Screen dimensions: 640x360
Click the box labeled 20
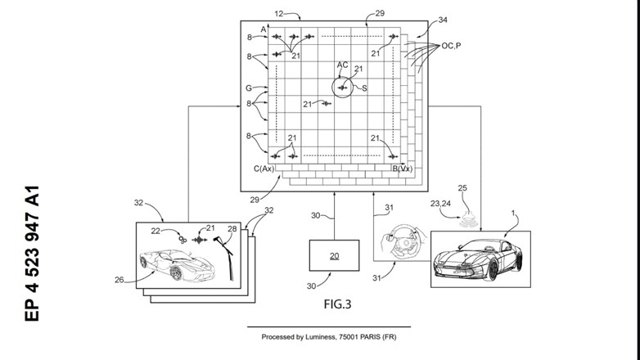click(x=334, y=255)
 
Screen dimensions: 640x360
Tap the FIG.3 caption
click(x=337, y=304)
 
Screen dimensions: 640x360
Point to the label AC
click(x=342, y=65)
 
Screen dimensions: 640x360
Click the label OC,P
click(x=451, y=46)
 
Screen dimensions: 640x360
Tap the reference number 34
click(x=443, y=20)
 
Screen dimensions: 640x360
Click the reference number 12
click(x=279, y=14)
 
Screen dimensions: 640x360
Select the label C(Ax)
click(x=264, y=169)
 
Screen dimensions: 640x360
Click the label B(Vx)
click(x=403, y=169)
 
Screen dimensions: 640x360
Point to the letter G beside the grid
click(x=249, y=88)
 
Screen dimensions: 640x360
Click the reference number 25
click(x=462, y=188)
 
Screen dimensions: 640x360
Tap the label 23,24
click(x=440, y=203)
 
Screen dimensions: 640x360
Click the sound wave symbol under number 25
click(x=467, y=219)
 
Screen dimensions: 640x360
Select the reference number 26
click(x=119, y=280)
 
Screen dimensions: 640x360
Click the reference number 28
click(x=232, y=229)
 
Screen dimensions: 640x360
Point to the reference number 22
click(x=155, y=231)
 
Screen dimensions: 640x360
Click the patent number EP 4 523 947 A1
click(x=32, y=254)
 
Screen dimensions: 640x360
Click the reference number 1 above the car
click(x=513, y=213)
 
